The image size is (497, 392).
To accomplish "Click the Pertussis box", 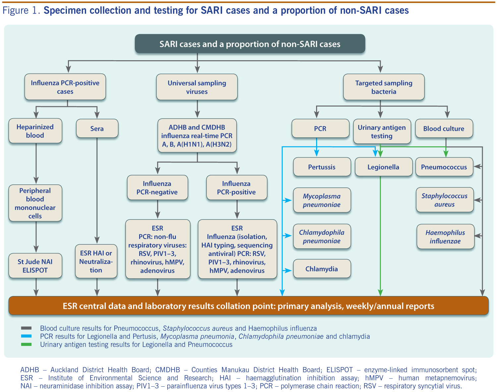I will [x=322, y=167].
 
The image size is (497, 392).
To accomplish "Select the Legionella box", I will [x=383, y=167].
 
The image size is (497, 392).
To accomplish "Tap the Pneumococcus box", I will [x=444, y=167].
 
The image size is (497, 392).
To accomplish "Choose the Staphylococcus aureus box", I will [x=445, y=200].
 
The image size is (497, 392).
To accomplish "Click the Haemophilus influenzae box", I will [x=445, y=237].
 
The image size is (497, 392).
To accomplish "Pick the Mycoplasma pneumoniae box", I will [x=322, y=200].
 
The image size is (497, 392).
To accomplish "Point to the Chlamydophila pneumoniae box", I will [x=322, y=236].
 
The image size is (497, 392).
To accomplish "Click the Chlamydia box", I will [x=322, y=269].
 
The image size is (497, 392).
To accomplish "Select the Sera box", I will [x=97, y=128].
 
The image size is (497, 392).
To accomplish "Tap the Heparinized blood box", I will [x=35, y=131].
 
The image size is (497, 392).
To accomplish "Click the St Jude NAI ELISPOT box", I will [x=35, y=266].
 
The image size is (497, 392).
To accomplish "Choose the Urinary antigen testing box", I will [x=382, y=131].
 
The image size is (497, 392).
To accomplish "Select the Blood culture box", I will [x=444, y=128].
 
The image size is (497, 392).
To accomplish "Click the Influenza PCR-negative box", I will [x=157, y=188].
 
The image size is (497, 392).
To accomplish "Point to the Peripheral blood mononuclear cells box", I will [x=35, y=203].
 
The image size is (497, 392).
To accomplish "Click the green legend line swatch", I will [x=26, y=344].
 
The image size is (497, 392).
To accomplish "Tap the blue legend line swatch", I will [x=26, y=336].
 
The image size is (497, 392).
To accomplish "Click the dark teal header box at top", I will [x=250, y=44].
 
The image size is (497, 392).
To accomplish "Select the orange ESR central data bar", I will [x=248, y=306].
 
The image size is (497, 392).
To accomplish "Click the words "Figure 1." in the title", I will [x=21, y=11].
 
